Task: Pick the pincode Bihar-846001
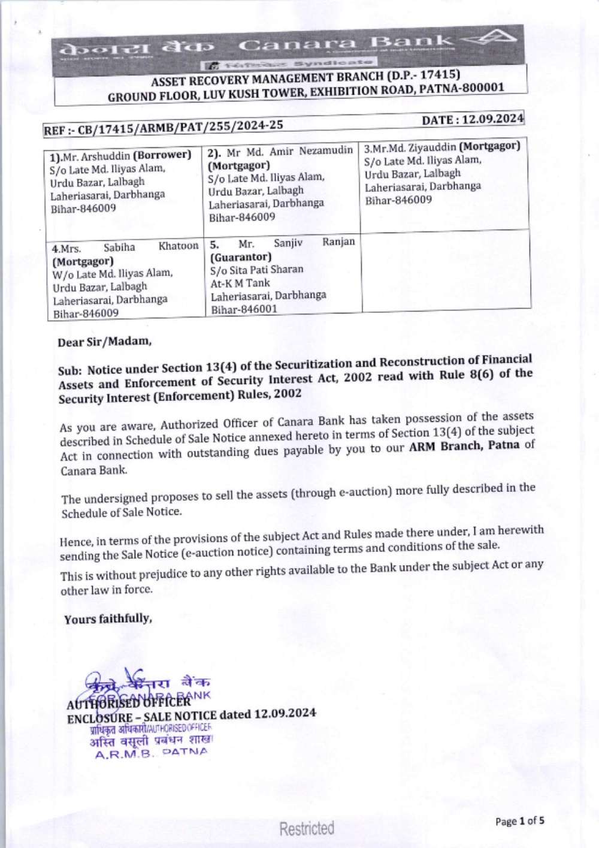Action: [244, 309]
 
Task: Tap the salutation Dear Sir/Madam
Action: [104, 342]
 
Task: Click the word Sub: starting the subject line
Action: [71, 371]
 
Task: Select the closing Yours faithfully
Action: [108, 619]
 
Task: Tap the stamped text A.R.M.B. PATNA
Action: [151, 753]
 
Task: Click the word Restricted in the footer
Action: [307, 829]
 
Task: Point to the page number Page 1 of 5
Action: [519, 821]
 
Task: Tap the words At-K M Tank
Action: [240, 283]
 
